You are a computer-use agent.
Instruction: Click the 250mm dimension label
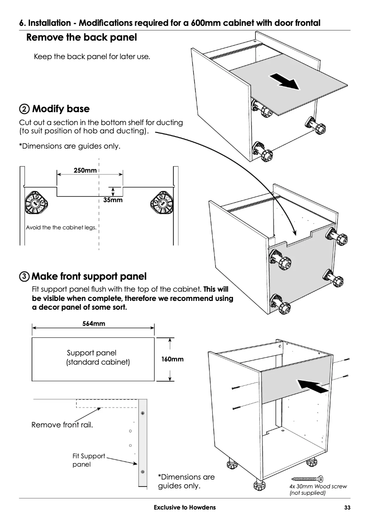tap(85, 171)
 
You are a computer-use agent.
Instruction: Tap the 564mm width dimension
tap(94, 324)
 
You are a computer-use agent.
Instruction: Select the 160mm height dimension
tap(173, 359)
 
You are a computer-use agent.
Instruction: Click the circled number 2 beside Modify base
tap(24, 109)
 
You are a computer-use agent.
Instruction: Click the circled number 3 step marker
tap(24, 277)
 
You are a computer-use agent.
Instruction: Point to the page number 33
tap(347, 508)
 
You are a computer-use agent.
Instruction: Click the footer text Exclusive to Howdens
tap(185, 508)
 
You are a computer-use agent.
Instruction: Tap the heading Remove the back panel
tap(82, 37)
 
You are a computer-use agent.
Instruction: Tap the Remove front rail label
tap(62, 425)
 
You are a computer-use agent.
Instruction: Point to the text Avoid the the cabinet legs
tap(61, 228)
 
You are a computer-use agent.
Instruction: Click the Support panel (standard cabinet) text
tap(98, 358)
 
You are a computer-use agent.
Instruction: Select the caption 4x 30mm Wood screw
tap(318, 486)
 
